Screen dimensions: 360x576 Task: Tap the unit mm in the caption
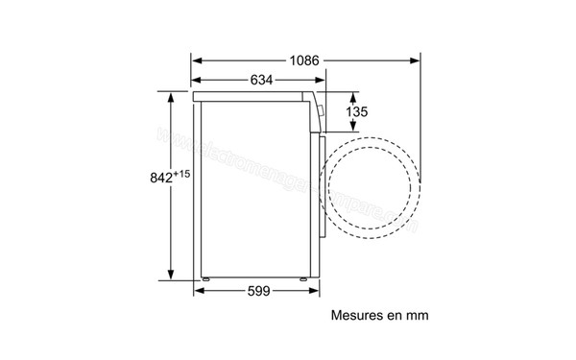point(416,314)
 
